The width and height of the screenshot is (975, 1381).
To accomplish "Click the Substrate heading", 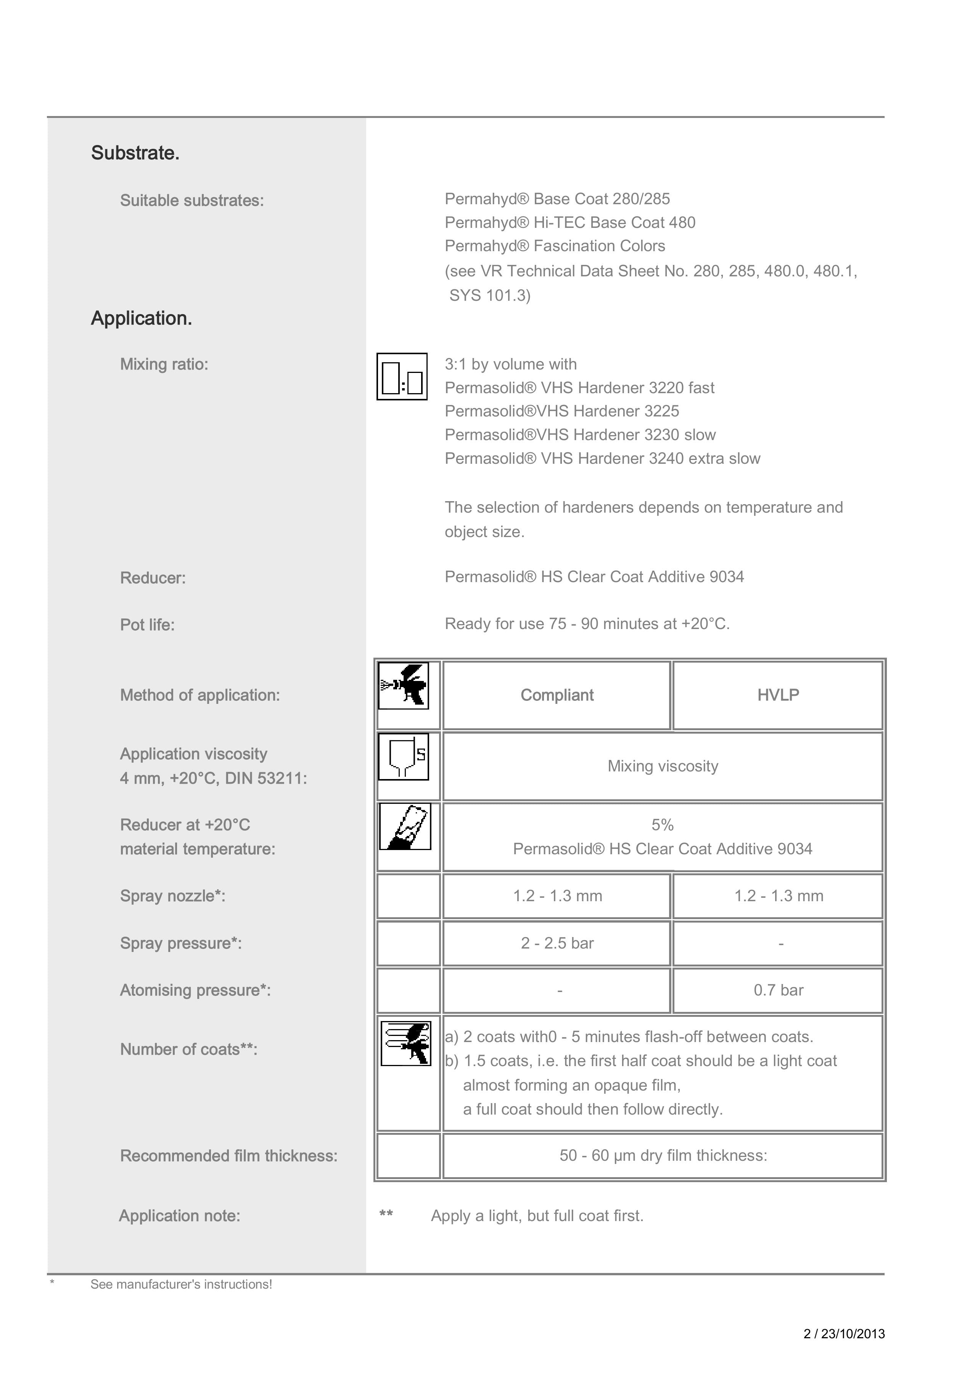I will tap(135, 153).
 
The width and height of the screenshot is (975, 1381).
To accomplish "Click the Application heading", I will tap(141, 318).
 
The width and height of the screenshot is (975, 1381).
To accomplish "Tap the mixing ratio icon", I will tap(402, 376).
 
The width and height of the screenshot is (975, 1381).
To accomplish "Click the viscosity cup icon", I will tap(403, 757).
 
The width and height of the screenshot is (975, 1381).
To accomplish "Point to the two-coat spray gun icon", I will tap(406, 1044).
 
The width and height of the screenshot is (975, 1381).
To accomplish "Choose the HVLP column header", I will tap(778, 695).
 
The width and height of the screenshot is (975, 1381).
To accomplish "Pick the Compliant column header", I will tap(557, 695).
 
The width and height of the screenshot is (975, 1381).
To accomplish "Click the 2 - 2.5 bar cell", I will tap(557, 943).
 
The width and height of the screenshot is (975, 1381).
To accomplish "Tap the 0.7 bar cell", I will tap(778, 990).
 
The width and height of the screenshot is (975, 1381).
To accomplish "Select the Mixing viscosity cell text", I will tap(663, 766).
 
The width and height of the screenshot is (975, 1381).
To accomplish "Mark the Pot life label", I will tap(147, 625).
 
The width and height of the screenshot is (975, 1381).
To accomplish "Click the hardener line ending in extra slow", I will tap(602, 458).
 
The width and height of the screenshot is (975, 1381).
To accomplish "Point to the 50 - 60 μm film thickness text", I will tap(663, 1155).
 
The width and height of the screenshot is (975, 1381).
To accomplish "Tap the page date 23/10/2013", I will tap(853, 1334).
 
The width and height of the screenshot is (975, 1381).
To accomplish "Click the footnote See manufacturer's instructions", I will tap(181, 1284).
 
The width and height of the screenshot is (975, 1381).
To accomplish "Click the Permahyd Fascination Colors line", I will tap(554, 246).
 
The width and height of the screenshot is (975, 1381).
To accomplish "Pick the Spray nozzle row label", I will tap(172, 896).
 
